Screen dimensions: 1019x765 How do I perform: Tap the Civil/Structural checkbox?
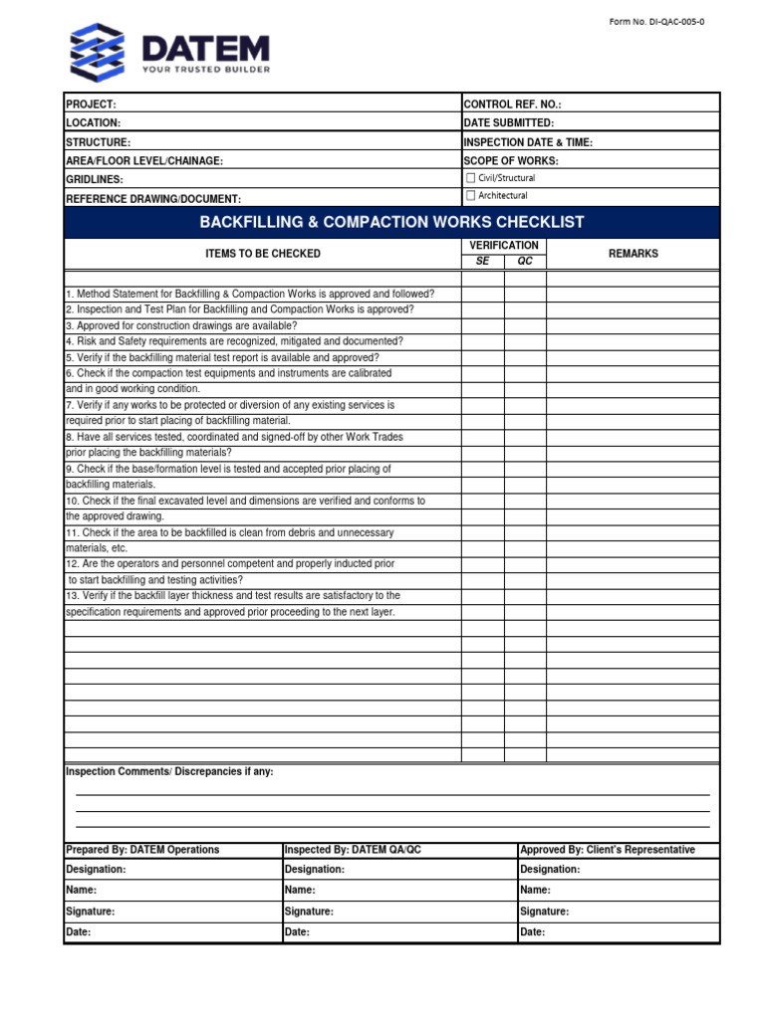click(471, 178)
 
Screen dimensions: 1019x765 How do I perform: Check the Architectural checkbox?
click(471, 196)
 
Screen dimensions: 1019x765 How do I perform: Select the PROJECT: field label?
click(91, 104)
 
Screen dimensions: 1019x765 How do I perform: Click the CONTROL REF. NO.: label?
click(513, 104)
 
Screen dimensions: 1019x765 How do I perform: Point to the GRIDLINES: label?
click(95, 180)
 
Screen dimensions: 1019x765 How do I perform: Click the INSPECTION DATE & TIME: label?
click(528, 142)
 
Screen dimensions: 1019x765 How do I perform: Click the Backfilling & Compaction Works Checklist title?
click(391, 222)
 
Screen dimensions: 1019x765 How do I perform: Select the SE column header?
click(482, 261)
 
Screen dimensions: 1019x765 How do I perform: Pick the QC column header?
click(525, 261)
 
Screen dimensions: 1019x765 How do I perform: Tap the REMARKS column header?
click(633, 254)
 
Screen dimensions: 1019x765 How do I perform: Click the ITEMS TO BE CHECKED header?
click(263, 254)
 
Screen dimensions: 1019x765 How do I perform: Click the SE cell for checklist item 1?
click(482, 294)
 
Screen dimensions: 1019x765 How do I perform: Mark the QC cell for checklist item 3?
click(525, 325)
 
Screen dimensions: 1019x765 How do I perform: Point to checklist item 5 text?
click(222, 357)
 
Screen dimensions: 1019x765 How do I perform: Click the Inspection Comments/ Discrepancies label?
click(169, 772)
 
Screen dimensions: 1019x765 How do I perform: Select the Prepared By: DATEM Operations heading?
click(142, 850)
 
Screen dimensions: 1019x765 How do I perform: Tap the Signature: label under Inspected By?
click(309, 912)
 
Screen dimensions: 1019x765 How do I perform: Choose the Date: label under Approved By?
click(534, 932)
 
